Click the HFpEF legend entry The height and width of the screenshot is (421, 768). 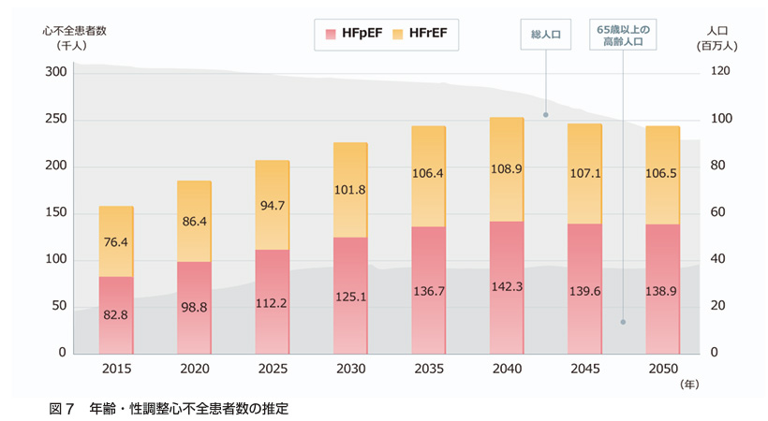(352, 36)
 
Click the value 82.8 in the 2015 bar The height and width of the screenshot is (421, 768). (116, 315)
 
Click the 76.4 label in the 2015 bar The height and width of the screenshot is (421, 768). (116, 242)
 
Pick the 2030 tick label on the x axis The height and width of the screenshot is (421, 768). (351, 367)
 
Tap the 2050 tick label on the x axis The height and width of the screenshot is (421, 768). (662, 367)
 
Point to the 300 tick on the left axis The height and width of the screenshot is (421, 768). (55, 72)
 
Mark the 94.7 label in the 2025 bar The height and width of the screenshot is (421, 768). (273, 206)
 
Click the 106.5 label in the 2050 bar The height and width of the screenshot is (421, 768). (662, 174)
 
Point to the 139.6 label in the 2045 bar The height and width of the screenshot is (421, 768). (585, 292)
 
